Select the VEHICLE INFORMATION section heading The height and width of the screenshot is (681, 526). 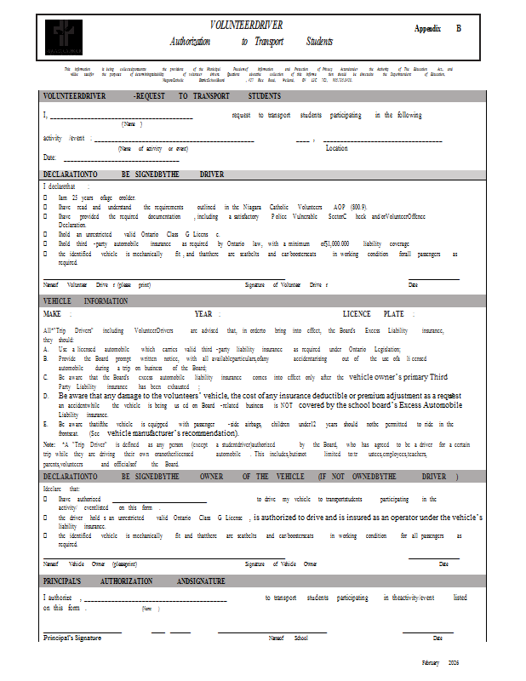click(x=85, y=301)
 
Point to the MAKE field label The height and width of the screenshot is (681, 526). click(x=53, y=314)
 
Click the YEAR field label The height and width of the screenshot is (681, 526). click(x=203, y=314)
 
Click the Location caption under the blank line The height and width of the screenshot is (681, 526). click(x=336, y=148)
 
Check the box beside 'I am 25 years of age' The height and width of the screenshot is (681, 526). click(x=45, y=197)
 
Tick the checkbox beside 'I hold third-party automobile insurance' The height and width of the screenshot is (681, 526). click(x=45, y=243)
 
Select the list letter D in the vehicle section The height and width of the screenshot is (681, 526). click(x=45, y=397)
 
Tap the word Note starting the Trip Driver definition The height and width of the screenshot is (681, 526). click(x=49, y=444)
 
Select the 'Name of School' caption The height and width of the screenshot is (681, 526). click(x=288, y=638)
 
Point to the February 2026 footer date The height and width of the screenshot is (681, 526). click(x=440, y=661)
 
